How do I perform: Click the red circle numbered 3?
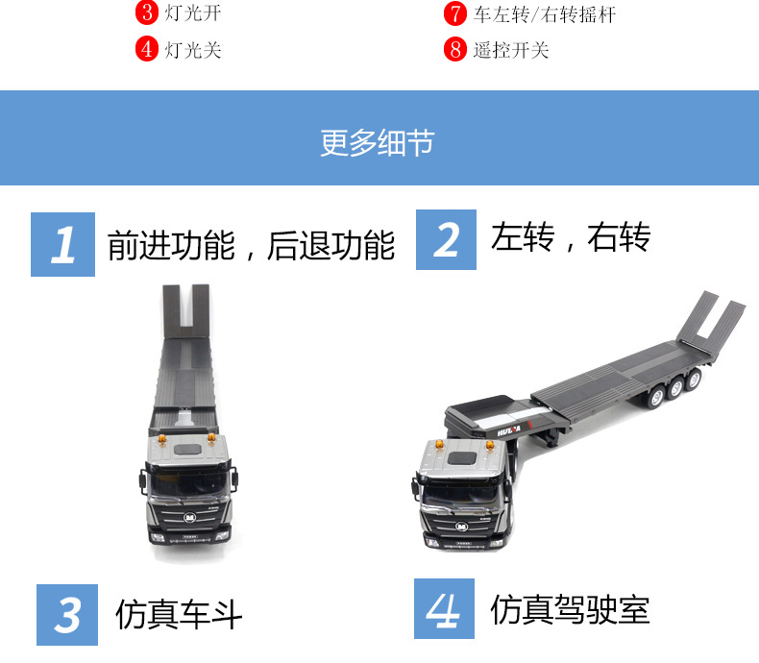[x=147, y=12]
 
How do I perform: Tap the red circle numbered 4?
[x=147, y=49]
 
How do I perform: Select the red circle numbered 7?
[x=455, y=13]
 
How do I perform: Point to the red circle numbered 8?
[x=455, y=49]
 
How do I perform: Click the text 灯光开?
[x=193, y=13]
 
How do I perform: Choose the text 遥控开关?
[x=511, y=50]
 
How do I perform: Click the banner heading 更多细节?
[x=378, y=143]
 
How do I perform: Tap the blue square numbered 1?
[x=62, y=244]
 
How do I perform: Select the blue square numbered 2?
[x=447, y=239]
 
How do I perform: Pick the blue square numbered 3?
[x=67, y=615]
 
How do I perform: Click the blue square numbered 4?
[x=445, y=609]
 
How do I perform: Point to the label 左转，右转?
[x=571, y=237]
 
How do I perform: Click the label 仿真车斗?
[x=179, y=614]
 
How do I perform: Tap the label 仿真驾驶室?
[x=570, y=609]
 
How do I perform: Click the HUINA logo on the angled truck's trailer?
[x=509, y=430]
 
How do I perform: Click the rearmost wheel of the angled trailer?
[x=694, y=378]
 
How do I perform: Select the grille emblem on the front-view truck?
[x=190, y=518]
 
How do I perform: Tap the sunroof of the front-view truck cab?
[x=187, y=450]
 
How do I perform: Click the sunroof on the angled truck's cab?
[x=461, y=457]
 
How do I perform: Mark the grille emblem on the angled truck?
[x=462, y=526]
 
